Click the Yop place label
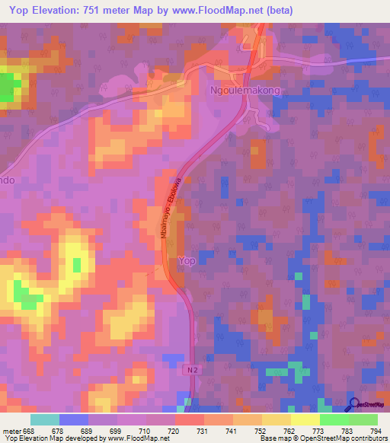(187, 261)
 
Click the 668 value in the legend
(29, 431)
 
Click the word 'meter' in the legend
(11, 431)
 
